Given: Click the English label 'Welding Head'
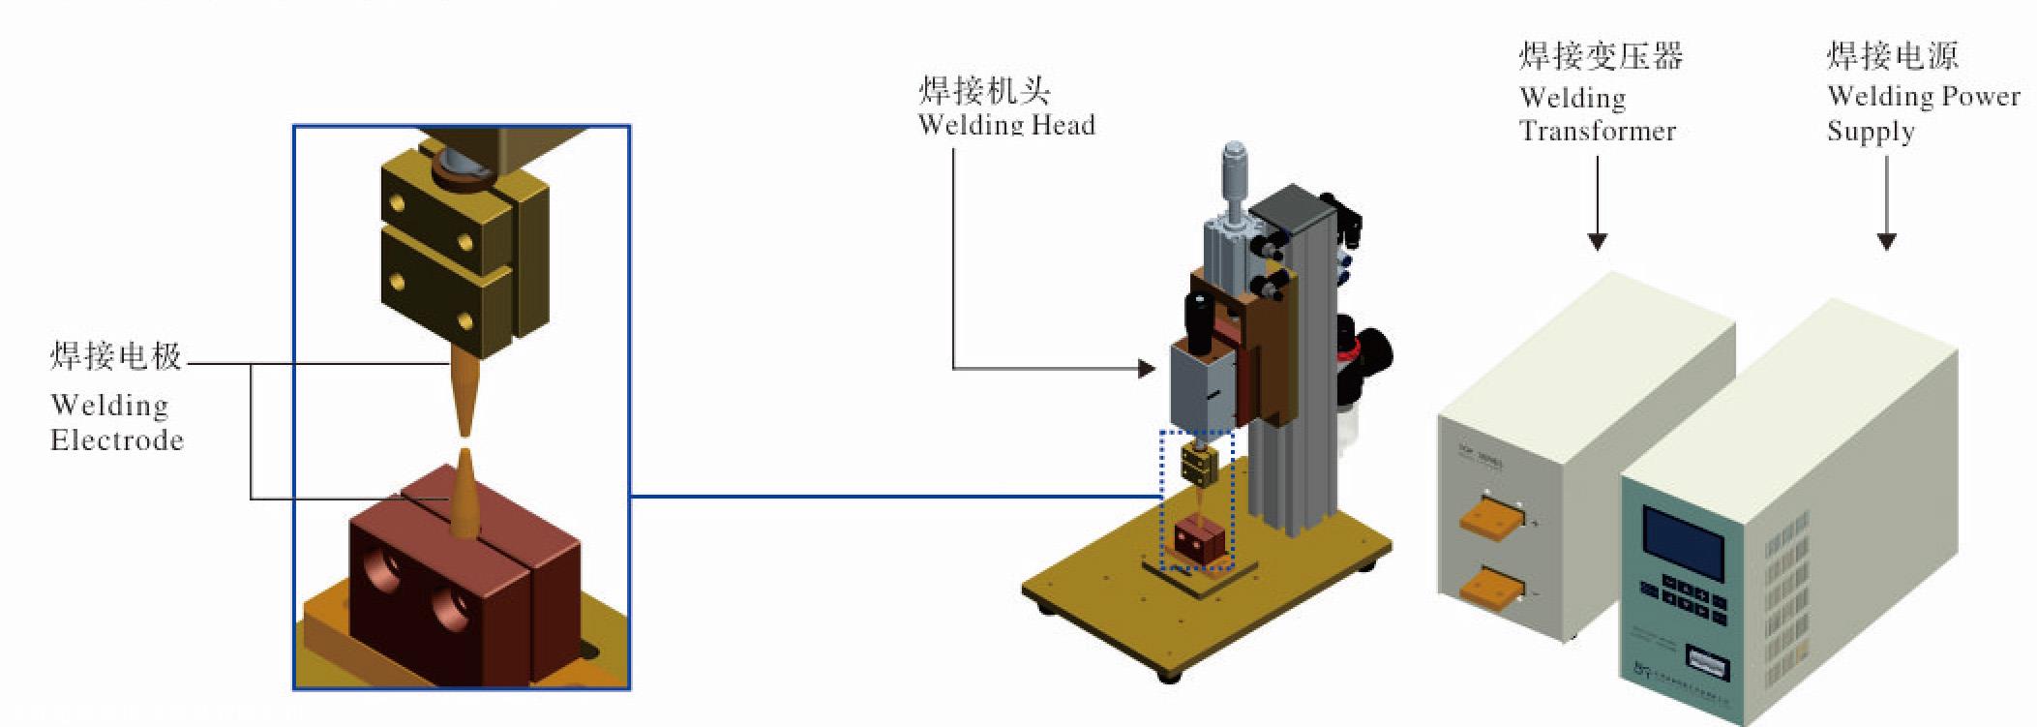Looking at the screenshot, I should (1006, 125).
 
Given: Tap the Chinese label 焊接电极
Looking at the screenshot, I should (116, 357).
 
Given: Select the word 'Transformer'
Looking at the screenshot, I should (1598, 131).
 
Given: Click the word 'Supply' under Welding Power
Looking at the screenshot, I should (1870, 132).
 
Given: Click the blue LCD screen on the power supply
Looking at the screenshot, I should (1684, 542).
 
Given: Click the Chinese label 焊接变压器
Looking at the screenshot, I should (1601, 56).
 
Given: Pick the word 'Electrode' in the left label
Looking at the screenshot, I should (117, 441).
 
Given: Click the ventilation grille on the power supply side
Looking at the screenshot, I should (1782, 610).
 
